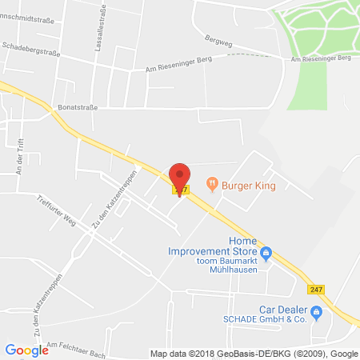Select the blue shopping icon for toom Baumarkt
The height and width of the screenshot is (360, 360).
point(268,254)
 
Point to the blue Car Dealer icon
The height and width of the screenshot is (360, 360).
point(317,311)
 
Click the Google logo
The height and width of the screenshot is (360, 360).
point(26,350)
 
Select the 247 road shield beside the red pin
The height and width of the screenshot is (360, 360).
point(182,190)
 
